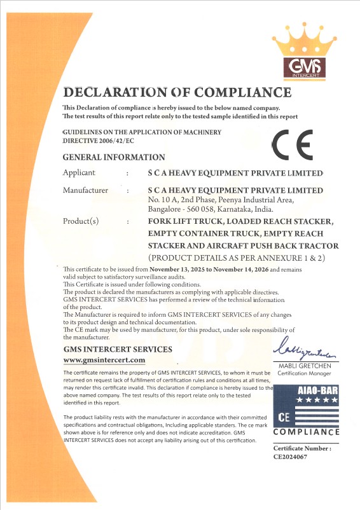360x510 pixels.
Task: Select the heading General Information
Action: point(114,157)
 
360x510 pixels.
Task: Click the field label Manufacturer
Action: point(86,190)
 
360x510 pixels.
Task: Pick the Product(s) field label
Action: point(82,221)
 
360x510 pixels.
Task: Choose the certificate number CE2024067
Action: point(290,455)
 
